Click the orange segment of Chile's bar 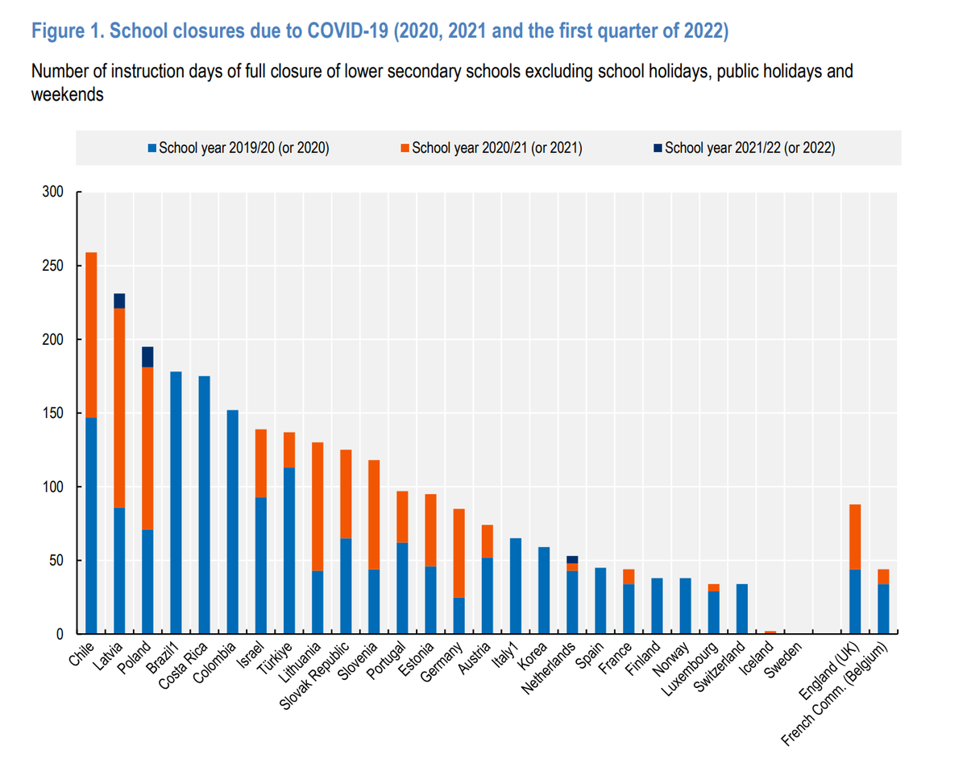91,334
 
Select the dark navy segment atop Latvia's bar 119,301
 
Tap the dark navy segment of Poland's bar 147,357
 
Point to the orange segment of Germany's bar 459,553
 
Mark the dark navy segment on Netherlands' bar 572,559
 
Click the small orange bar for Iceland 770,632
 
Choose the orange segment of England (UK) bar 855,537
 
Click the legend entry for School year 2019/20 239,148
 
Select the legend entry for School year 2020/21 492,148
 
